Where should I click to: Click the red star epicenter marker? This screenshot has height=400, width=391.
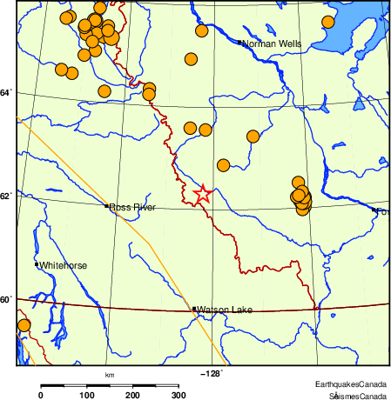pos(202,195)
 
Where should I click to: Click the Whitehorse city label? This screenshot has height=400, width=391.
pos(63,264)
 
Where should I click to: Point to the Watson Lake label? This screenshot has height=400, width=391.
pos(224,310)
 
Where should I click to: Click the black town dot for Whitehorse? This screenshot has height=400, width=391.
pos(37,263)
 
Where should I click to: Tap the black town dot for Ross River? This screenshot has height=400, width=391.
pos(106,206)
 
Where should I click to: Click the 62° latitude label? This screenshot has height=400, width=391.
pos(7,195)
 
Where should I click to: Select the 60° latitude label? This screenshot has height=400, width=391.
pos(7,299)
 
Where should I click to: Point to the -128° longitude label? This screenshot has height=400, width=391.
pos(212,375)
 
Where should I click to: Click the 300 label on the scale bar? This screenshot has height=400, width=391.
pos(179,396)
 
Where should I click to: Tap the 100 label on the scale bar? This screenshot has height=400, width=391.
pos(87,396)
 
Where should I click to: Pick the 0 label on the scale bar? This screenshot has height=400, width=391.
pos(41,396)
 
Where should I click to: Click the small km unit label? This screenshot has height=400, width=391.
pos(110,375)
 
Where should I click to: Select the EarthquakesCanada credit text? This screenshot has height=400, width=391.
pos(351,384)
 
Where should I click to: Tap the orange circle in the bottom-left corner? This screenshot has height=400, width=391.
pos(24,326)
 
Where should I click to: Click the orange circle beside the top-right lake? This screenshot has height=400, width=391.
pos(327,23)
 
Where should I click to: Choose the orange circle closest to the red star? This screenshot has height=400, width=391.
pos(223,165)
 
